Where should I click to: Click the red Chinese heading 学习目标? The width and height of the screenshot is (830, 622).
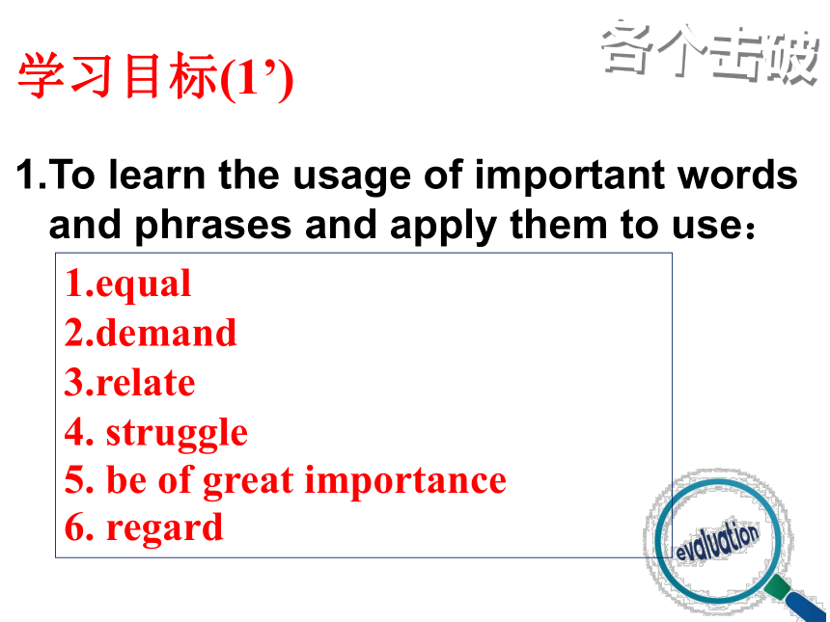pyautogui.click(x=118, y=77)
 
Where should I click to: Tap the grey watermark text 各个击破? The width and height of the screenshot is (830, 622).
pyautogui.click(x=710, y=53)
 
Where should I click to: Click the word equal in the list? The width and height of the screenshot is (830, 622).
pyautogui.click(x=144, y=285)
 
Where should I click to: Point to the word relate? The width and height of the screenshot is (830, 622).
pyautogui.click(x=146, y=382)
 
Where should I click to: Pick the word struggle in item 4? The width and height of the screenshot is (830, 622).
pyautogui.click(x=177, y=434)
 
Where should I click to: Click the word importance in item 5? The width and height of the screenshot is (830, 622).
pyautogui.click(x=405, y=481)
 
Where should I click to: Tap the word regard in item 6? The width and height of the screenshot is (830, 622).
pyautogui.click(x=165, y=528)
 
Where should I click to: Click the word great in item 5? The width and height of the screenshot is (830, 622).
pyautogui.click(x=248, y=481)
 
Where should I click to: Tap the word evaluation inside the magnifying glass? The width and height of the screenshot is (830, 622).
pyautogui.click(x=717, y=541)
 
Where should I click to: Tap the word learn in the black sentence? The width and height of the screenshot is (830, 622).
pyautogui.click(x=156, y=174)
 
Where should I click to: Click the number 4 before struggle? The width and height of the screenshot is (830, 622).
pyautogui.click(x=75, y=432)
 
